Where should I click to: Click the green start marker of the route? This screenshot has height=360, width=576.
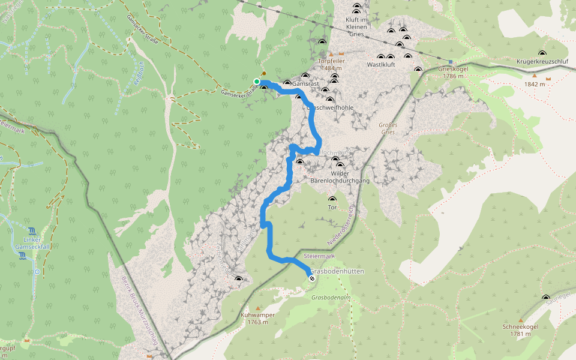[x=257, y=82]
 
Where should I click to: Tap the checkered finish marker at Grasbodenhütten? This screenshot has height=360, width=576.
[x=311, y=278]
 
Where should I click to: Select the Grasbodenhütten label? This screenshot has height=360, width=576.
[x=337, y=271]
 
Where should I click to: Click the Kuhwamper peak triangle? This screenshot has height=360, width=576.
[x=259, y=308]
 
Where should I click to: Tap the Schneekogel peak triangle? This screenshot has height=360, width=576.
[x=520, y=320]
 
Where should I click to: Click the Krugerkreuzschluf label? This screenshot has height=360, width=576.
[x=542, y=62]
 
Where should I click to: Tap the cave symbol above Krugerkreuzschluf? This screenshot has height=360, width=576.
[x=542, y=53]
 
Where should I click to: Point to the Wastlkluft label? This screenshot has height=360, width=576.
[x=381, y=65]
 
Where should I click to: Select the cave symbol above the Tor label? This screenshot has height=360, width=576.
[x=332, y=199]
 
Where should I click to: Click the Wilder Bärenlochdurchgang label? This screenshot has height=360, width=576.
[x=340, y=176]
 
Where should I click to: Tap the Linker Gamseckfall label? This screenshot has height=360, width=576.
[x=28, y=243]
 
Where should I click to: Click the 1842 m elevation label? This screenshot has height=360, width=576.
[x=535, y=84]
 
